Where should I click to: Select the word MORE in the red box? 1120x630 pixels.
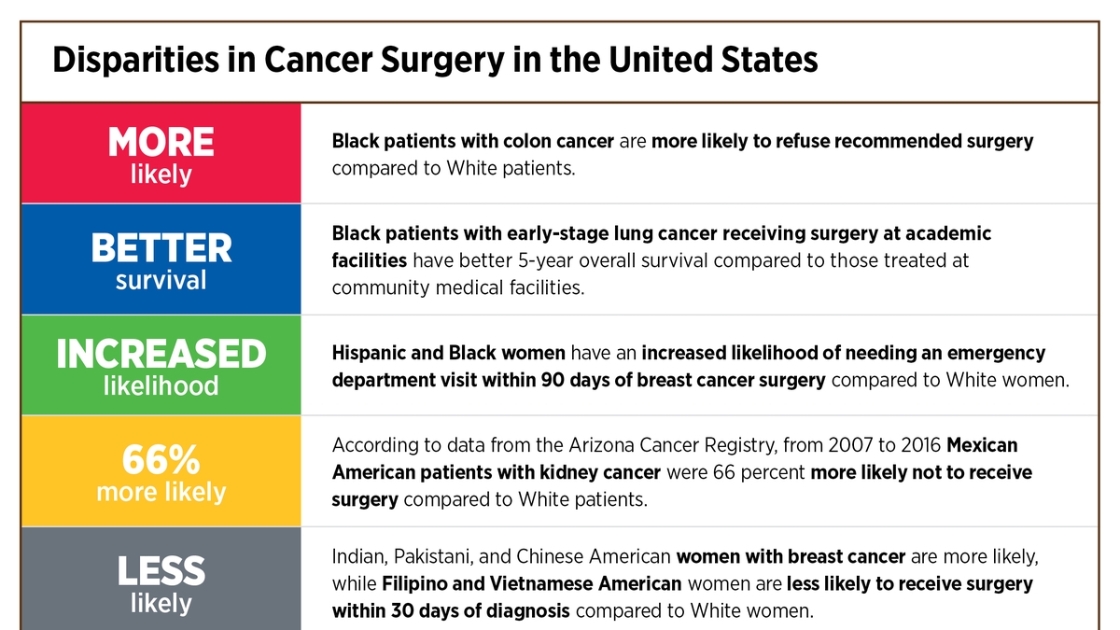click(161, 143)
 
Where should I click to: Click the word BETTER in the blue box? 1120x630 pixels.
click(161, 249)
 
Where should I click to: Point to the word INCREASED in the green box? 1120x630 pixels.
click(161, 355)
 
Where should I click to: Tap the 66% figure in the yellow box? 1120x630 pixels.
click(161, 460)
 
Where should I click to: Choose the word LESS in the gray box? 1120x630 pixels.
click(161, 571)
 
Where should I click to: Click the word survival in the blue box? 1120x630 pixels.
click(161, 280)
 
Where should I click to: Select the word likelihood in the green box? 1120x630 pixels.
click(161, 385)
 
